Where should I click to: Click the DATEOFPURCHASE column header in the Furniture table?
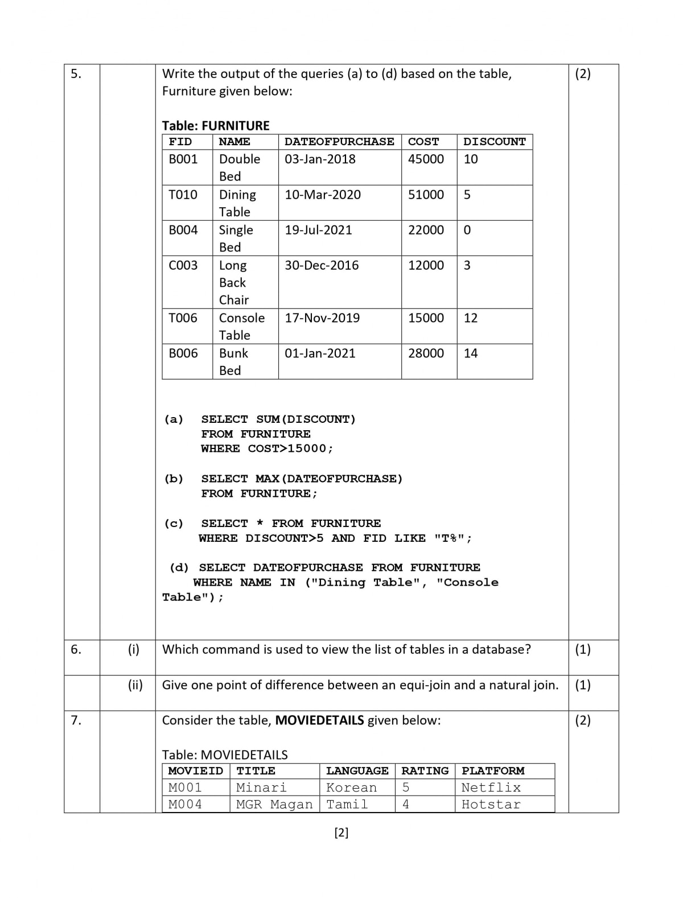pos(339,142)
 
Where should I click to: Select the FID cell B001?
pos(183,159)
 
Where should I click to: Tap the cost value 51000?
pos(426,195)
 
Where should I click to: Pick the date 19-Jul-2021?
pos(318,230)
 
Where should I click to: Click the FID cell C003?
pos(183,265)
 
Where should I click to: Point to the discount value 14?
pos(471,353)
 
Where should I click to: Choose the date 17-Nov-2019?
pos(322,318)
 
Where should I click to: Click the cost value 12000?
pos(426,265)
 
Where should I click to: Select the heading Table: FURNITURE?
pos(216,125)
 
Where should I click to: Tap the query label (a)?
pos(174,419)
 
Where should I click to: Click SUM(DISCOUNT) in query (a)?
pos(306,419)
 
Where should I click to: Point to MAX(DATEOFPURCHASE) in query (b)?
pos(329,479)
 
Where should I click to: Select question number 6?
pos(76,649)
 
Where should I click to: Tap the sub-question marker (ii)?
pos(135,685)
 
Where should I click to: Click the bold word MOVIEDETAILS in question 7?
pos(319,720)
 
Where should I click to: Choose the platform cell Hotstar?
pos(491,804)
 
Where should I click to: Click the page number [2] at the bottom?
pos(341,833)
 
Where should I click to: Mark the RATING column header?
pos(425,771)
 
